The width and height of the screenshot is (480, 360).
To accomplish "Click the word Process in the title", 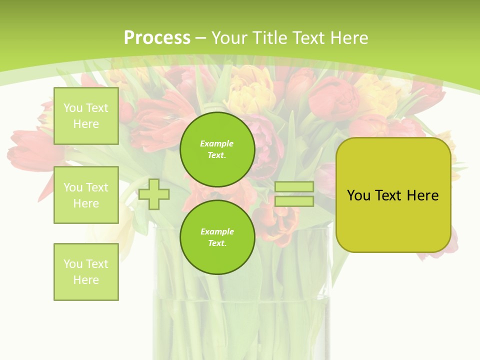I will tap(157, 38).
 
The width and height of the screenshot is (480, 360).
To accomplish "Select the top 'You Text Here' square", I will tap(86, 116).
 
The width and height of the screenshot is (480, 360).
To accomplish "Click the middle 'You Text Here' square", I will tap(86, 195).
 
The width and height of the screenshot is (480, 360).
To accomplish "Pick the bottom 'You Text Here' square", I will tap(86, 272).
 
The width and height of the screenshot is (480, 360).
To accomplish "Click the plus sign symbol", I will tap(154, 194).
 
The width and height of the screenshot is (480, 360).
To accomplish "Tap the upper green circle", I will tap(217, 149).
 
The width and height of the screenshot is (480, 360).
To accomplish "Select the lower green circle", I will tap(217, 237).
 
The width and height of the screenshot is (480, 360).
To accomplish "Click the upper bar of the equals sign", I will tap(294, 186).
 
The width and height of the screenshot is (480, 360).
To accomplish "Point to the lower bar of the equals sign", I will tap(294, 201).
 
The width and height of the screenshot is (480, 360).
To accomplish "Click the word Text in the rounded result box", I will tap(388, 195).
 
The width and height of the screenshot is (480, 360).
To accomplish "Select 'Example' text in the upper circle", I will tap(217, 144).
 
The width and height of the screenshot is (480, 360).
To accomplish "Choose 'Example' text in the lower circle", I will tap(217, 232).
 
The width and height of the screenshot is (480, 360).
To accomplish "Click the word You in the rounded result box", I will tap(358, 195).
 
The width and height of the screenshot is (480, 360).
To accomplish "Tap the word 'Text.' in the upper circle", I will tap(217, 155).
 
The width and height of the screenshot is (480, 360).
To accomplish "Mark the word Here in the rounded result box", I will tap(422, 195).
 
